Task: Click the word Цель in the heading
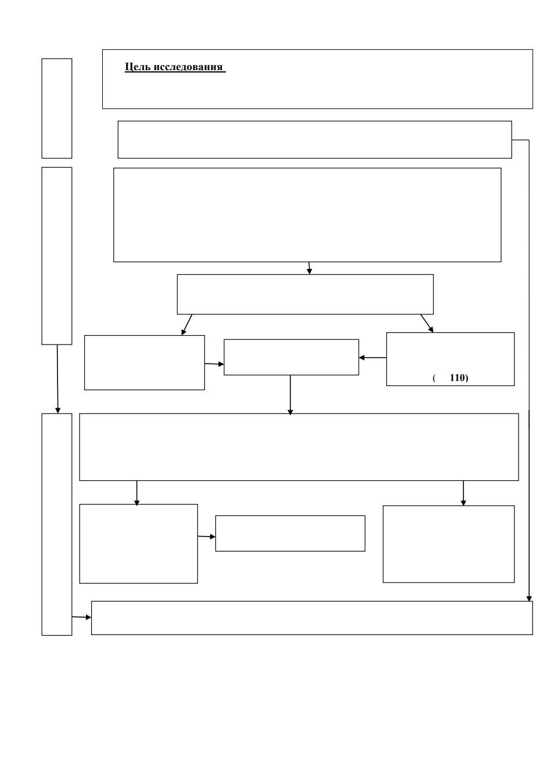click(x=138, y=67)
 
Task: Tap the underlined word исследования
click(x=188, y=67)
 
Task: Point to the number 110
click(x=458, y=378)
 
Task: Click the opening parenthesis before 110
click(x=434, y=378)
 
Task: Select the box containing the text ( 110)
click(x=450, y=359)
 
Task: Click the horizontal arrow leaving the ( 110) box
click(x=372, y=358)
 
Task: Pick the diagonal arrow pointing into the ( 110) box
click(x=427, y=323)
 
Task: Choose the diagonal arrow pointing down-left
click(x=186, y=325)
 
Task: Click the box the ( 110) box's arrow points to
click(x=291, y=357)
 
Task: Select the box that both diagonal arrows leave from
click(x=305, y=294)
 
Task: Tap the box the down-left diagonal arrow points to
click(x=145, y=362)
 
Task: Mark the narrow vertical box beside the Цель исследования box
click(x=57, y=108)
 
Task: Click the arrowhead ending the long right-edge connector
click(x=529, y=599)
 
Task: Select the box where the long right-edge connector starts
click(x=315, y=139)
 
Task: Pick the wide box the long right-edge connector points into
click(x=312, y=618)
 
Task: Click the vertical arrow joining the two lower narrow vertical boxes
click(x=57, y=379)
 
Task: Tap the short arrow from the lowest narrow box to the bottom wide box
click(x=81, y=617)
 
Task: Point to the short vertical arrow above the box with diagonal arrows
click(x=310, y=268)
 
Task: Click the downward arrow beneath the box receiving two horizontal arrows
click(x=290, y=395)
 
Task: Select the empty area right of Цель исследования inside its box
click(x=378, y=79)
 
